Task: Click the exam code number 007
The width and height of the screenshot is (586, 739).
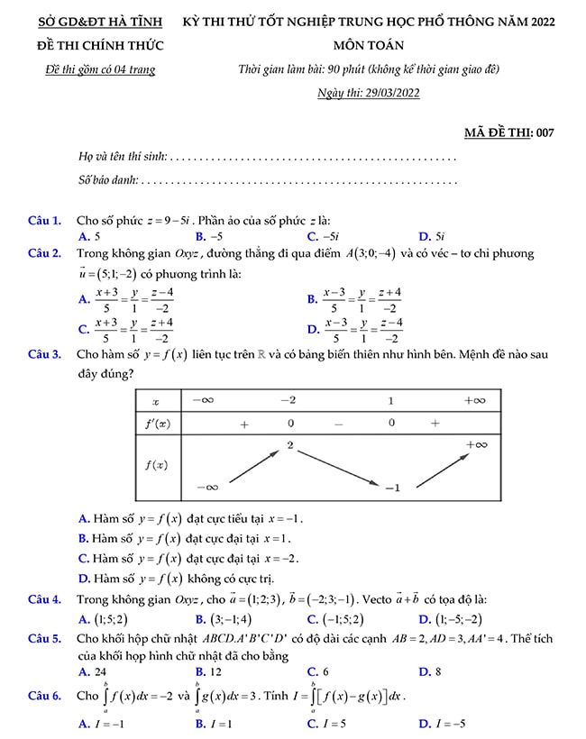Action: click(x=545, y=133)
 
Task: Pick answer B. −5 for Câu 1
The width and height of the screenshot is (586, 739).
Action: click(x=209, y=236)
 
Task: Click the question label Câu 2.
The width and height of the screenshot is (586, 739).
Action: click(x=44, y=253)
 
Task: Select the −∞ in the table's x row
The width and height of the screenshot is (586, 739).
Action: click(x=203, y=399)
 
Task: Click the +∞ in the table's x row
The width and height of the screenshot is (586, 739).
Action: click(x=474, y=399)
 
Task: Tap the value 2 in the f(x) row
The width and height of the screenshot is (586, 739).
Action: click(x=290, y=445)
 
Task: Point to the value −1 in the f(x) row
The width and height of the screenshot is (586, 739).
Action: click(x=391, y=488)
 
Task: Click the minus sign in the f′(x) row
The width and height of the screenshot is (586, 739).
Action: click(x=339, y=423)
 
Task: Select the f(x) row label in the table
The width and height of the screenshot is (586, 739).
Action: click(x=157, y=465)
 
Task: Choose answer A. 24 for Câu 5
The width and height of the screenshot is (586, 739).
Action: click(x=93, y=671)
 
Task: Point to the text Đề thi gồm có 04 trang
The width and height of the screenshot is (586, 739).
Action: click(x=100, y=69)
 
